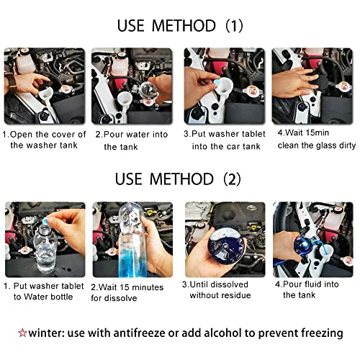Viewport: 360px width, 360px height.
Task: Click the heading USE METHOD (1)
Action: [180, 27]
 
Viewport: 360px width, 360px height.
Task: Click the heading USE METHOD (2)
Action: [180, 179]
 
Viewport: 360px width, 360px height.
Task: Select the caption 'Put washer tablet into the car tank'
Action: [223, 139]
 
